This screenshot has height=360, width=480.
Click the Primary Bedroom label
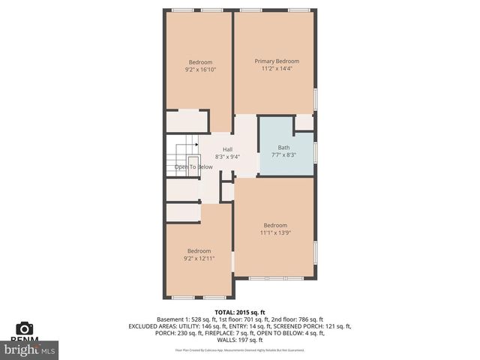276,61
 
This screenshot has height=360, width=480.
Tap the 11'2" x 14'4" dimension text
276,69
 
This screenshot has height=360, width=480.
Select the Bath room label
283,148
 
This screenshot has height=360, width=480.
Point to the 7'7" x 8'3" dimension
283,155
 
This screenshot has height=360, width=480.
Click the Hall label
227,149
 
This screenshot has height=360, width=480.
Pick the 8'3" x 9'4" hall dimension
227,157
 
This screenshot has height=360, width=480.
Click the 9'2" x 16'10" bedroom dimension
200,70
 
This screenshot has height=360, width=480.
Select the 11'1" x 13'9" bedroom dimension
275,232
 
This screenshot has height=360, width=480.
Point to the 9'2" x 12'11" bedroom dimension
199,258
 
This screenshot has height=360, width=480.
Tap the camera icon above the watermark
25,328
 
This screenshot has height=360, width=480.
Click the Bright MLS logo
30,349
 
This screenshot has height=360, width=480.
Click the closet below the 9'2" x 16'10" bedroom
187,121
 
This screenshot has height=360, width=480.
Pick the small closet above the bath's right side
304,122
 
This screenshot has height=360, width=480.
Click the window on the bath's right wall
316,151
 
